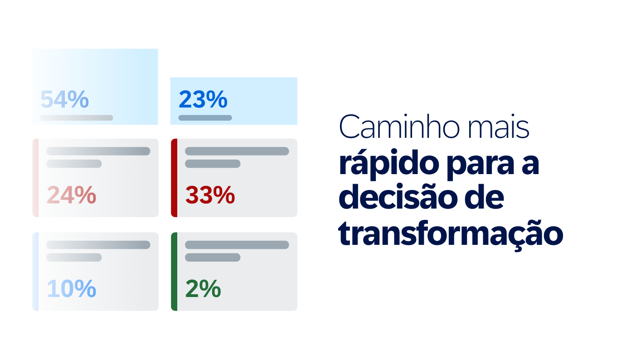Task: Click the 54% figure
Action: point(64,99)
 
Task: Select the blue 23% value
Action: point(203,99)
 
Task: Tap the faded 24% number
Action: point(71,195)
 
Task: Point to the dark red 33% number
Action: point(210,195)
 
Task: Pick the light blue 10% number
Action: point(71,288)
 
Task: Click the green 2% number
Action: point(203,288)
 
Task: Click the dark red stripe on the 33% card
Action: point(174,178)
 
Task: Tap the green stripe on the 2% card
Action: point(174,272)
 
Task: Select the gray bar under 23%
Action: point(205,117)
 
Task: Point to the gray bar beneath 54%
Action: point(77,117)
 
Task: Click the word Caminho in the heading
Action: point(399,126)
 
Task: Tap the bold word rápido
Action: point(389,164)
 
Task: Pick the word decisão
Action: point(398,196)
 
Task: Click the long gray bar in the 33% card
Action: point(237,151)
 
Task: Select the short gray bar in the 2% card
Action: point(213,257)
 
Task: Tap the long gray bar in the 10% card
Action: point(98,245)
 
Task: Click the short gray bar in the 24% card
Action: point(74,164)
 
